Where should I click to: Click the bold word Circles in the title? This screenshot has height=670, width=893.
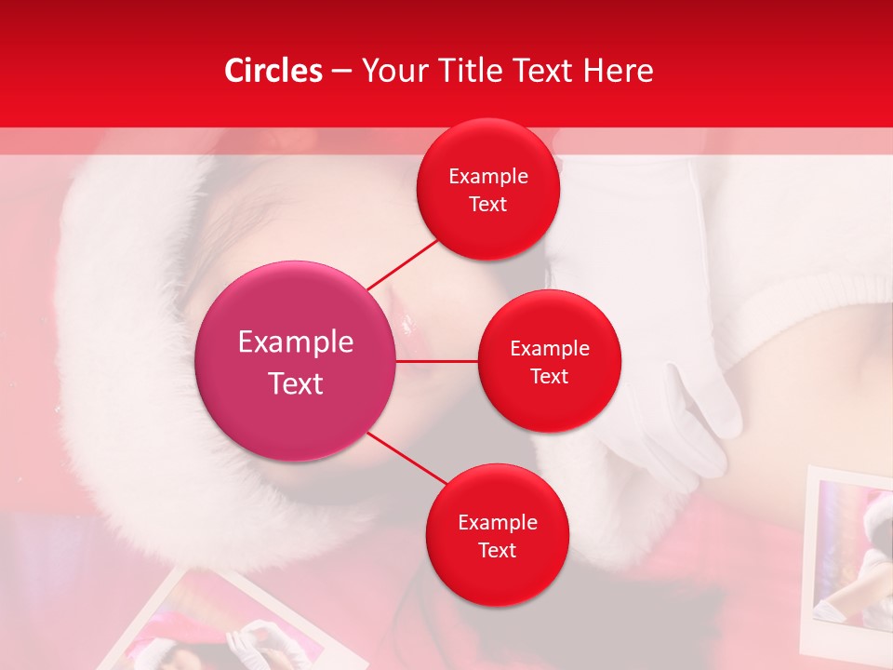tap(273, 71)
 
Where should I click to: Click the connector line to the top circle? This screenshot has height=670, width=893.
tap(403, 263)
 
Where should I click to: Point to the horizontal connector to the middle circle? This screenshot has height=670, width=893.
tap(437, 361)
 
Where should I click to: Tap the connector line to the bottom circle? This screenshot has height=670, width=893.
tap(407, 459)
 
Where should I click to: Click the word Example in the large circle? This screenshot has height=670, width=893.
tap(296, 342)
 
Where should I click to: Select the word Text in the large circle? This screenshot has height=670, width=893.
tap(296, 383)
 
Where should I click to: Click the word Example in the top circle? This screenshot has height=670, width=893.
tap(488, 177)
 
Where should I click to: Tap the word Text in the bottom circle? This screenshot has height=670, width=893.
tap(497, 550)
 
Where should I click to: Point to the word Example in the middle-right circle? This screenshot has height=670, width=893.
tap(550, 349)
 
